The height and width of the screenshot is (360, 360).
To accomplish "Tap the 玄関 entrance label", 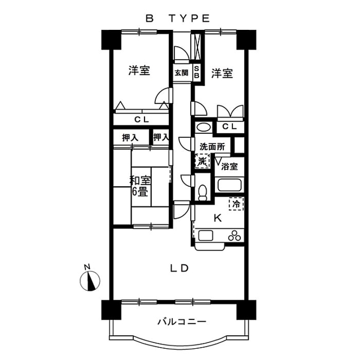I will pyautogui.click(x=181, y=72).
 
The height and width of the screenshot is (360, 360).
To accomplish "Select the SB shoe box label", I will pyautogui.click(x=197, y=72).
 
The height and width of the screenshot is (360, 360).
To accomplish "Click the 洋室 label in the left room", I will pyautogui.click(x=138, y=71).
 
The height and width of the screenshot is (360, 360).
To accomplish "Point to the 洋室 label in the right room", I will pyautogui.click(x=222, y=73).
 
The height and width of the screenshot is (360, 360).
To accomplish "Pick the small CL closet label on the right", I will pyautogui.click(x=229, y=127).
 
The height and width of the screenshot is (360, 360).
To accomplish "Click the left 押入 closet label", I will pyautogui.click(x=130, y=137).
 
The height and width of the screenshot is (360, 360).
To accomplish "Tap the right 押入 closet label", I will pyautogui.click(x=161, y=137).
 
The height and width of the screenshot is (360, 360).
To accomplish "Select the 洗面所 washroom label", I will pyautogui.click(x=213, y=146).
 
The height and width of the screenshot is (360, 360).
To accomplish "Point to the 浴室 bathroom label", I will pyautogui.click(x=229, y=166).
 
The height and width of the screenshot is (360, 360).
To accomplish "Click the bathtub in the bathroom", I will pyautogui.click(x=228, y=186).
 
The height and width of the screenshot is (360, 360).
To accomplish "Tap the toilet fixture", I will pyautogui.click(x=203, y=191).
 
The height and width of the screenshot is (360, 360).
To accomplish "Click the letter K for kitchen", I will pyautogui.click(x=218, y=219).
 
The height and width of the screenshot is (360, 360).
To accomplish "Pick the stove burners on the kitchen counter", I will pyautogui.click(x=234, y=236).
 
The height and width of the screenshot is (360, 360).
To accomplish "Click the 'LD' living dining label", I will pyautogui.click(x=179, y=268).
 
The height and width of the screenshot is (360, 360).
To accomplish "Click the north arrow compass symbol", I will pyautogui.click(x=90, y=280).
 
